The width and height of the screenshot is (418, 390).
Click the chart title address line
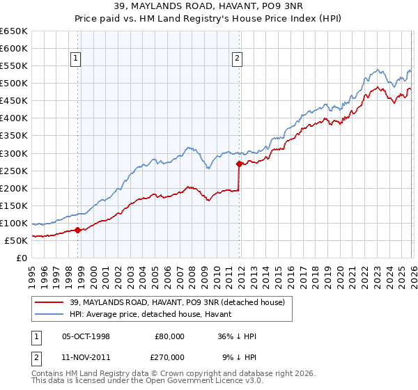pos(208,7)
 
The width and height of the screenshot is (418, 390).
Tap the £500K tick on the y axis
pos(13,84)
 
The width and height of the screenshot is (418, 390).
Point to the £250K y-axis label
pos(13,171)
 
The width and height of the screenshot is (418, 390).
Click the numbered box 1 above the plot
pos(75,58)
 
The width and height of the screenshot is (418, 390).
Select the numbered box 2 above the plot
pos(237,58)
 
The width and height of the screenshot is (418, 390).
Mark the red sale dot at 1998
pos(78,230)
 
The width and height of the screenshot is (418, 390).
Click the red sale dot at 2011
pos(239,164)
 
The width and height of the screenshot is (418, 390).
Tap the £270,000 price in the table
pos(169,357)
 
